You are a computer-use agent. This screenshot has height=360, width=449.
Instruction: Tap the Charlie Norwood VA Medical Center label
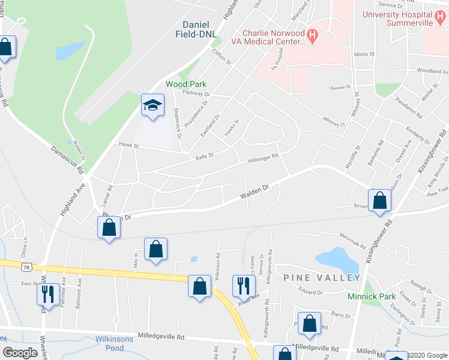(273, 37)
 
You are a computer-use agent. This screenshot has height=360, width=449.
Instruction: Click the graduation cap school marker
(152, 106)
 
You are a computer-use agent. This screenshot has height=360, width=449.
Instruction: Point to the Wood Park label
(185, 85)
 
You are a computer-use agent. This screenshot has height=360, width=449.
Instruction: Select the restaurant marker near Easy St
(46, 293)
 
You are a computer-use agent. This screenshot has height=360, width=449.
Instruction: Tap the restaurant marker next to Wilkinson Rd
(243, 286)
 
